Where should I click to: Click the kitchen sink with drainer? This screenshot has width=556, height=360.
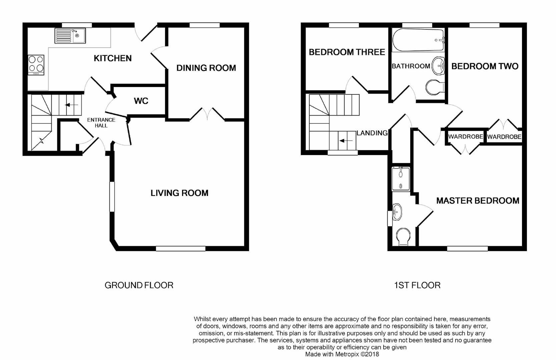pos(70,36)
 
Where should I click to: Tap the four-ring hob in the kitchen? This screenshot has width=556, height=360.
pos(36,65)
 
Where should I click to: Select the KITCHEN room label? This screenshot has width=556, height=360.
pos(113,58)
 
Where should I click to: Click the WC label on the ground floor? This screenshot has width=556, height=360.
pos(141,101)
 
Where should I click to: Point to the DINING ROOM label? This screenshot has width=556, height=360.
pos(206,68)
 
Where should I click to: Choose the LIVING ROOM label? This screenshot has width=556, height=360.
pos(179,193)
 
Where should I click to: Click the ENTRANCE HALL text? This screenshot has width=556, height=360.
pos(101,123)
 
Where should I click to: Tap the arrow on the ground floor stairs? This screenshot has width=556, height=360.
pos(72,105)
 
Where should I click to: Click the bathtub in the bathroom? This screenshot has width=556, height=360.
pos(418,40)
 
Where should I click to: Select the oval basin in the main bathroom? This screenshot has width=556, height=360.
pos(438,65)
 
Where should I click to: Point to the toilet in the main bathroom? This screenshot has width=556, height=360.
pos(435,87)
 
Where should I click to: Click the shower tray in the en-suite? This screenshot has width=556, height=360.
pos(401,179)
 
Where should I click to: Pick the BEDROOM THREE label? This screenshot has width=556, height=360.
pos(347,52)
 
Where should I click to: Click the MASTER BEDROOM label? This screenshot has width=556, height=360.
pos(478,201)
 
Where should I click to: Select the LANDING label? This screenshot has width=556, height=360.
pos(372,133)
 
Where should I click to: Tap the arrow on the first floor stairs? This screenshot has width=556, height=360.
pos(346,141)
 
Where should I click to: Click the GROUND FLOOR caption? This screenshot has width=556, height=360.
pos(139,285)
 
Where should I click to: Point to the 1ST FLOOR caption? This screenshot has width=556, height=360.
pos(417,285)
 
